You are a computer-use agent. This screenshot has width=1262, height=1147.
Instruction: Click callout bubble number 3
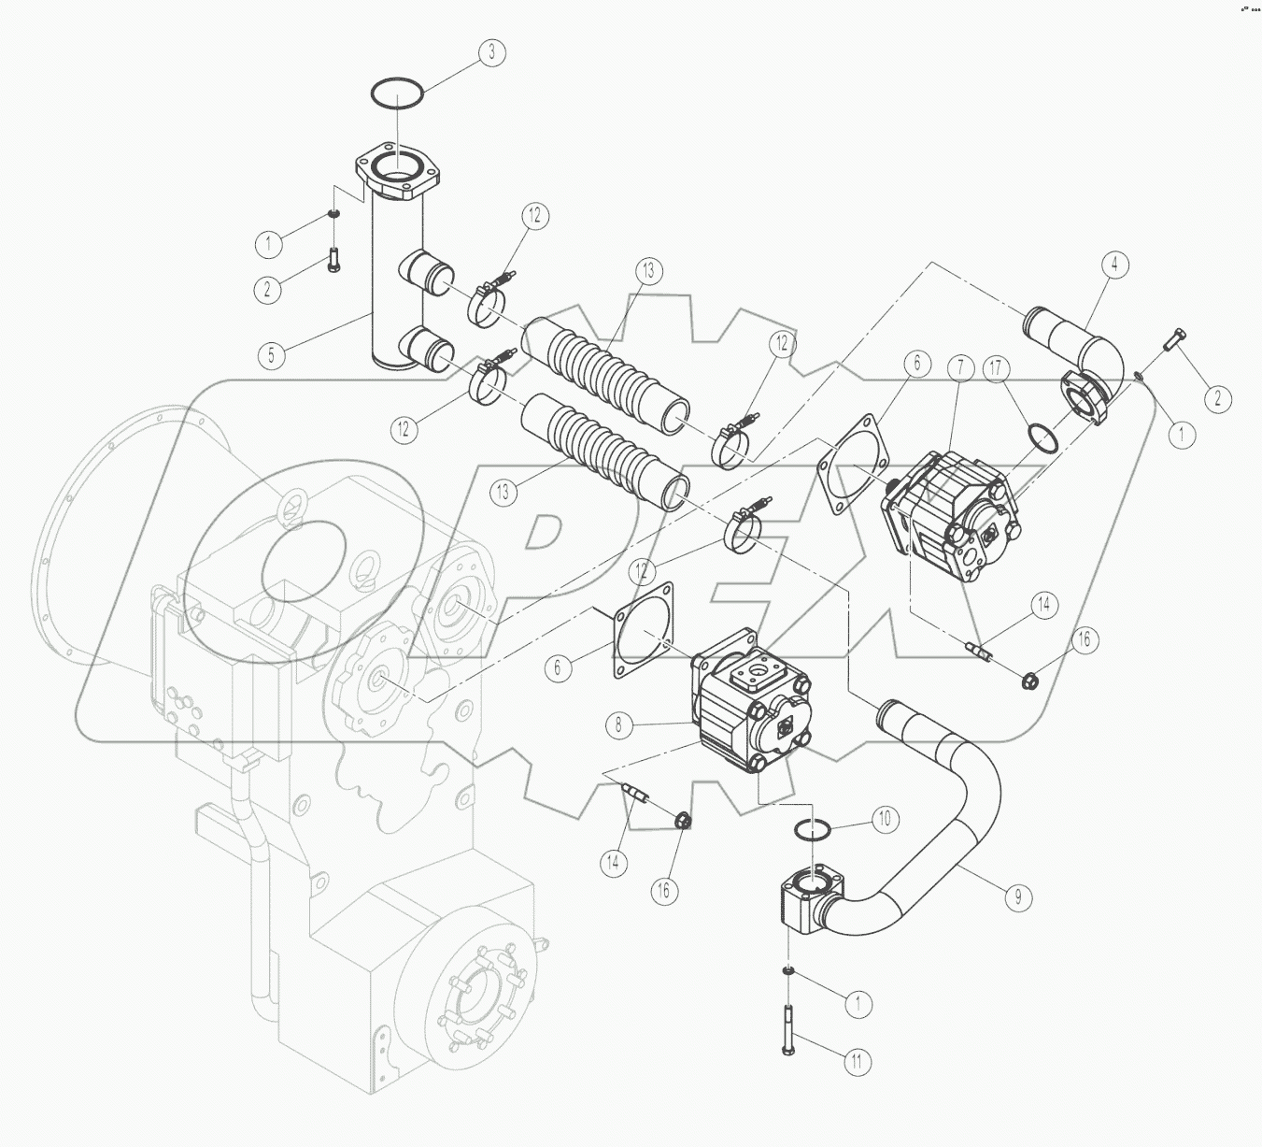coord(491,52)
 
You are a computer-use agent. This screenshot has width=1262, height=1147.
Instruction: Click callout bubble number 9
coord(1019,897)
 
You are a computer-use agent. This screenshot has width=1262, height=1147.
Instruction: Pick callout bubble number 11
coord(858,1061)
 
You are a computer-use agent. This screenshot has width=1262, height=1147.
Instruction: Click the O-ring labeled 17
coord(1042,436)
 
